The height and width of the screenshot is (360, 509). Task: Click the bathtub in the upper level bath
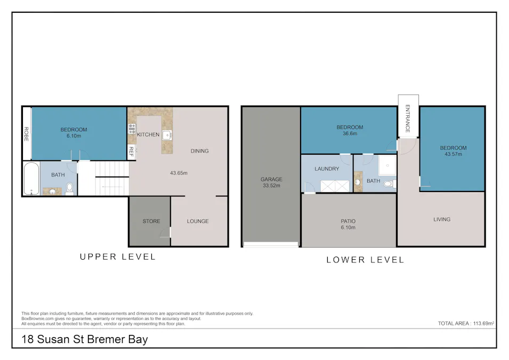pyautogui.click(x=30, y=179)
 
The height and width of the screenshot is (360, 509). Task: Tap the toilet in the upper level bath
pyautogui.click(x=69, y=188)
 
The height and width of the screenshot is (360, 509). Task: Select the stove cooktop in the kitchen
pyautogui.click(x=132, y=129)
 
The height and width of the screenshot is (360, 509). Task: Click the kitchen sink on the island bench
pyautogui.click(x=167, y=134)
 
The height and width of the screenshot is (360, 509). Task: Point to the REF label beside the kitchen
pyautogui.click(x=131, y=151)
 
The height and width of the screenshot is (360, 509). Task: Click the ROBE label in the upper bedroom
pyautogui.click(x=26, y=133)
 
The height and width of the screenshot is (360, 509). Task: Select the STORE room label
pyautogui.click(x=151, y=221)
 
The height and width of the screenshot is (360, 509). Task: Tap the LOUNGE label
pyautogui.click(x=198, y=221)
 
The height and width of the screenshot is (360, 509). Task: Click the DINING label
pyautogui.click(x=199, y=151)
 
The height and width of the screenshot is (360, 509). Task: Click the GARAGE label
pyautogui.click(x=271, y=179)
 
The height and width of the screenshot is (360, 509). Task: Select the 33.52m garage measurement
pyautogui.click(x=271, y=186)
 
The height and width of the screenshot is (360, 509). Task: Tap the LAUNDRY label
pyautogui.click(x=327, y=169)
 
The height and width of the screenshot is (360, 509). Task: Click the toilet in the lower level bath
pyautogui.click(x=388, y=184)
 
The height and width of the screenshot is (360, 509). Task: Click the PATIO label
pyautogui.click(x=348, y=221)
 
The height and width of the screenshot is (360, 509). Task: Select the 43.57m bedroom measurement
pyautogui.click(x=453, y=155)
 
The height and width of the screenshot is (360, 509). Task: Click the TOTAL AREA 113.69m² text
pyautogui.click(x=466, y=323)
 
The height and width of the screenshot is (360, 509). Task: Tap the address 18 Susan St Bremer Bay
pyautogui.click(x=84, y=339)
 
